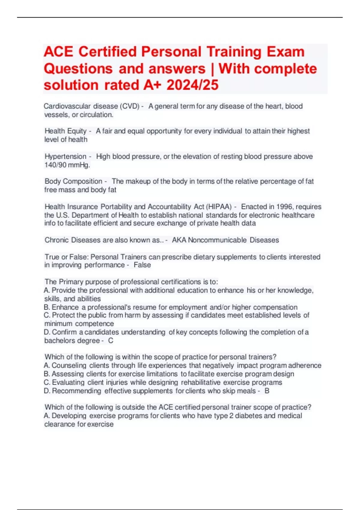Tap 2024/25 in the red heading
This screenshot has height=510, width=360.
pyautogui.click(x=192, y=85)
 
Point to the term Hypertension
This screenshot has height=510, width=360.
pyautogui.click(x=65, y=156)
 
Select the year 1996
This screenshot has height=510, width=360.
pyautogui.click(x=284, y=206)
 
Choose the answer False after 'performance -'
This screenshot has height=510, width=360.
pyautogui.click(x=142, y=265)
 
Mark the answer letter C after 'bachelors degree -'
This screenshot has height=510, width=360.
pyautogui.click(x=111, y=340)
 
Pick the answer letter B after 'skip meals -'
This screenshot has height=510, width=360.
pyautogui.click(x=267, y=391)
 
